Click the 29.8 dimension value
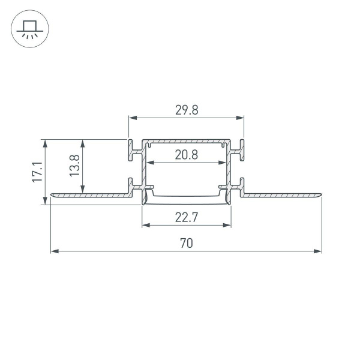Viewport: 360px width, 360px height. (x=186, y=110)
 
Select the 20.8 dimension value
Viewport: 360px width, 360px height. (x=186, y=155)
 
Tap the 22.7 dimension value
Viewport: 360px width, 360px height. (x=187, y=217)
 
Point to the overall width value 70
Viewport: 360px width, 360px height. (x=186, y=243)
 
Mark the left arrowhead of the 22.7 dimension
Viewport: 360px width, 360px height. (x=145, y=226)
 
